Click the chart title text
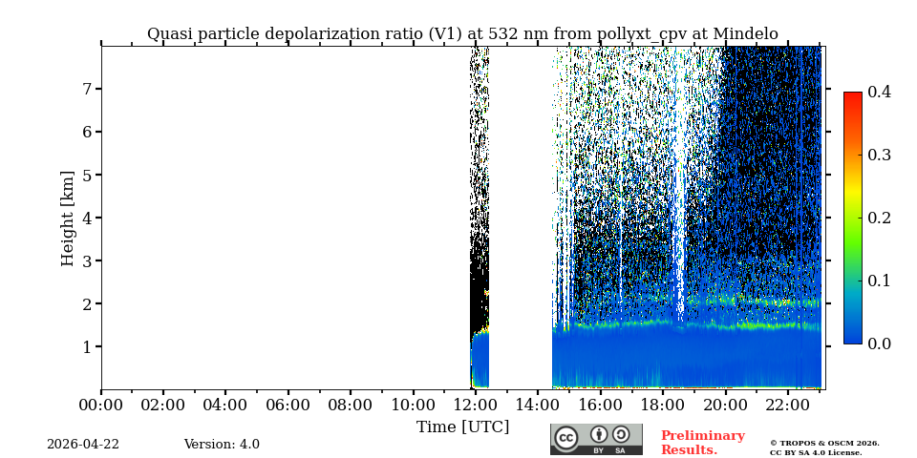(462, 34)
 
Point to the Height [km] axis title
(68, 218)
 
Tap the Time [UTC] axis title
(462, 427)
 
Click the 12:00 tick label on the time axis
(476, 406)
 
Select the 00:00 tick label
(101, 406)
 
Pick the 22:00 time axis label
(787, 406)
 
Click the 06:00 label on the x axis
(288, 406)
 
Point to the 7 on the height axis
(86, 89)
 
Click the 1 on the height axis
(86, 346)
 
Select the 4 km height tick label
(86, 218)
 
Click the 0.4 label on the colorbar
(879, 92)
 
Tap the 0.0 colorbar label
(879, 343)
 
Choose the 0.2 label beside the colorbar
(879, 218)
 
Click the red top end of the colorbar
(852, 96)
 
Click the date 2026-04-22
(83, 445)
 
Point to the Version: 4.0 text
(222, 445)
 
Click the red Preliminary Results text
(702, 443)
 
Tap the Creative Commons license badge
(596, 439)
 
